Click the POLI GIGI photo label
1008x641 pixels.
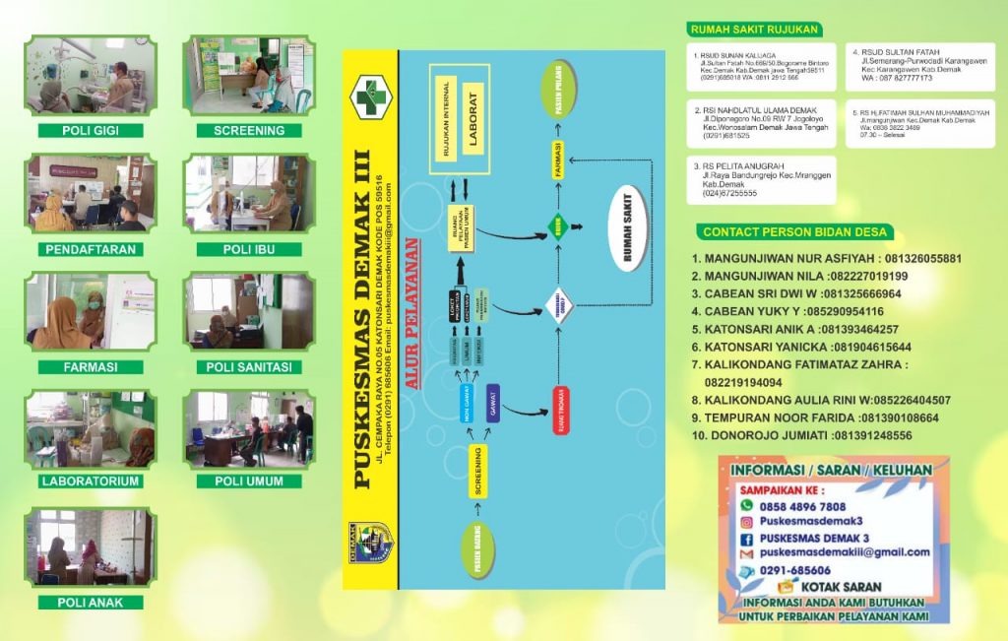(x=90, y=130)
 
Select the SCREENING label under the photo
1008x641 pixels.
(x=249, y=130)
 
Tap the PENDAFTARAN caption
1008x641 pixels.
(x=90, y=249)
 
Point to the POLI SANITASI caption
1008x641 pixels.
(x=249, y=367)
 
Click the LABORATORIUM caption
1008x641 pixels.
(x=90, y=481)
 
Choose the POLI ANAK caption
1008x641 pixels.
(x=90, y=602)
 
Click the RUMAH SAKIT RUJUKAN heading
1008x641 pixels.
(x=754, y=30)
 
